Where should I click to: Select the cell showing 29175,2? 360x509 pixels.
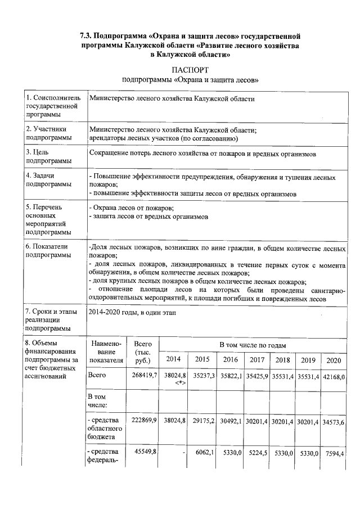coord(202,421)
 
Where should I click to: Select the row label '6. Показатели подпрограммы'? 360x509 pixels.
coord(50,251)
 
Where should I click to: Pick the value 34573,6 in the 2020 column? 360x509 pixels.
coord(334,421)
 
